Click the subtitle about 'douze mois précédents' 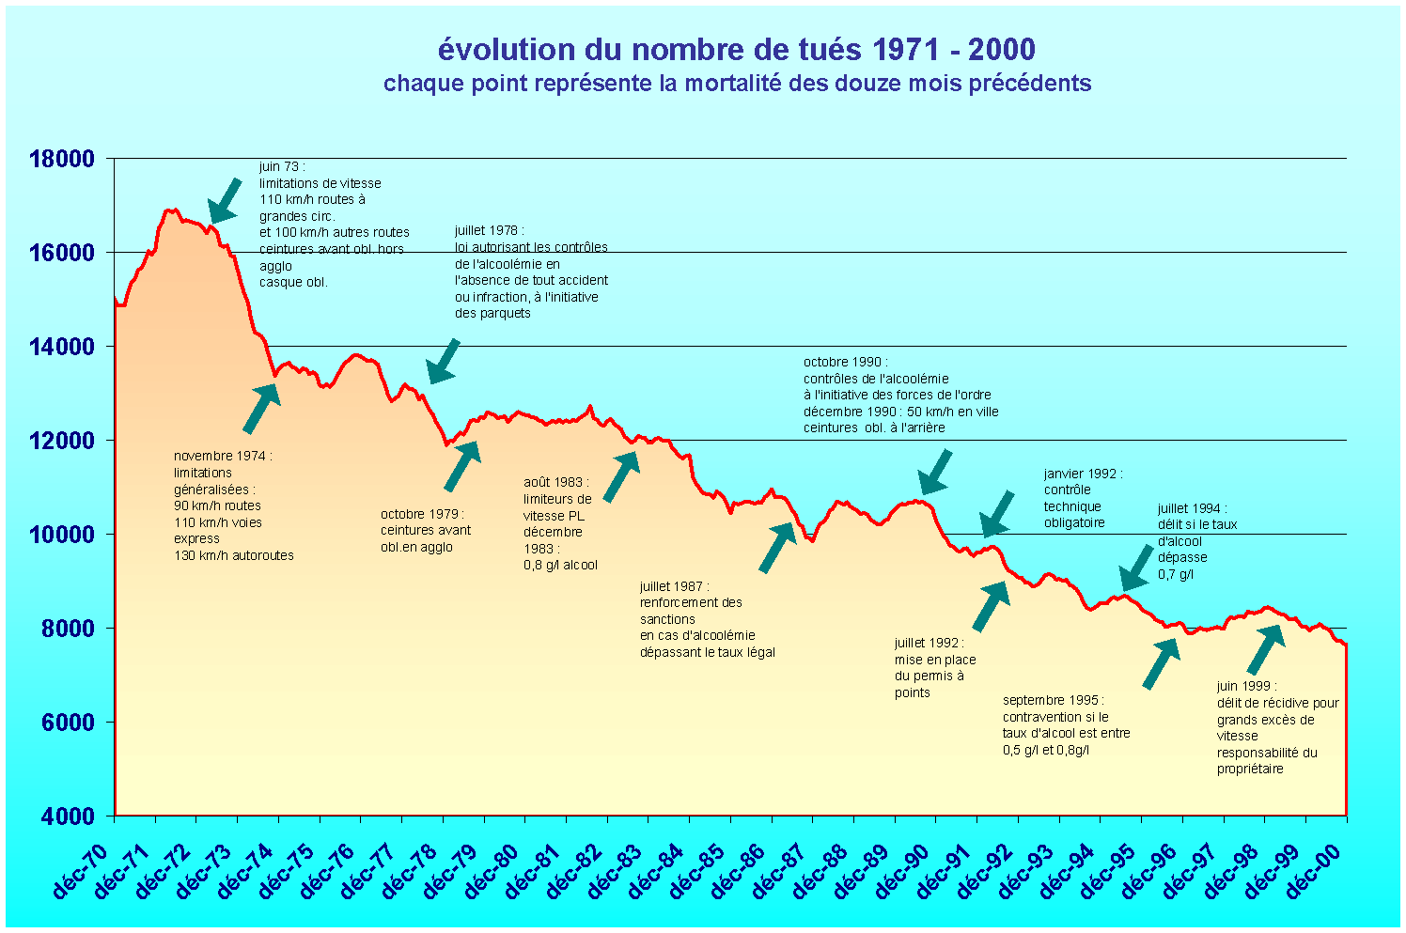pos(737,84)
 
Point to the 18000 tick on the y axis pos(63,159)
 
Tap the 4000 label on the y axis pos(68,816)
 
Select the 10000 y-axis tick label pos(63,535)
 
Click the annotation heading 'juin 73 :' pos(282,166)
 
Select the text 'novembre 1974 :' pos(222,456)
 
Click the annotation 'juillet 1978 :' pos(489,230)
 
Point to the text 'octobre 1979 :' pos(422,514)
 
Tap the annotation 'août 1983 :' pos(553,482)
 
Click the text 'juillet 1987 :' pos(674,586)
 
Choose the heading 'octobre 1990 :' pos(845,362)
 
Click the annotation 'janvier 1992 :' pos(1083,474)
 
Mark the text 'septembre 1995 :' pos(1053,700)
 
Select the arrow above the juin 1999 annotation pos(1265,649)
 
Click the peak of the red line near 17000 pos(169,210)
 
